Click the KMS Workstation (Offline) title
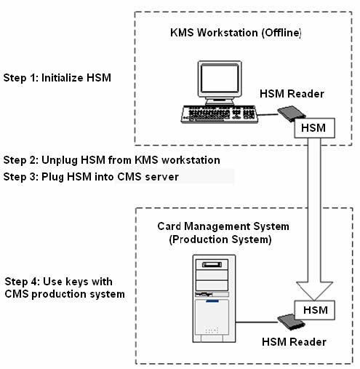[236, 33]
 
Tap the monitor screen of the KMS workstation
[220, 79]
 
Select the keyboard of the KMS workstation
[220, 114]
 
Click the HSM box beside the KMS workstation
[314, 128]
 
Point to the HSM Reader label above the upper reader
[292, 94]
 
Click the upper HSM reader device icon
[292, 114]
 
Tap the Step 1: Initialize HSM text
[57, 78]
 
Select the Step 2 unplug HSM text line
[112, 160]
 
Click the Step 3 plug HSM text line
[91, 177]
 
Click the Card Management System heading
[223, 226]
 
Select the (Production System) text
[220, 239]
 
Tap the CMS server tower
[214, 298]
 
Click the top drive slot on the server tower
[212, 264]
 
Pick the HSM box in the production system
[315, 310]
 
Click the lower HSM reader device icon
[291, 322]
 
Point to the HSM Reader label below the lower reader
[294, 342]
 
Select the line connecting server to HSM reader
[257, 322]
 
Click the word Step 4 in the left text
[21, 282]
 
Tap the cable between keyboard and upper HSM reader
[268, 115]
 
